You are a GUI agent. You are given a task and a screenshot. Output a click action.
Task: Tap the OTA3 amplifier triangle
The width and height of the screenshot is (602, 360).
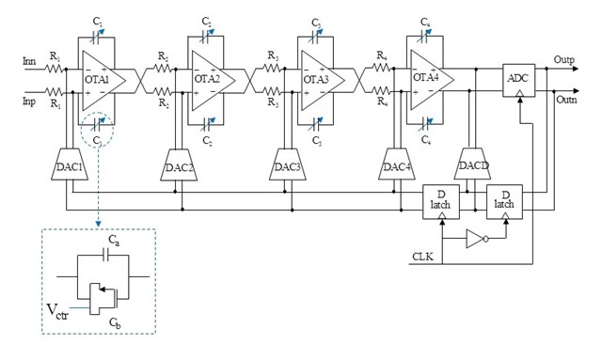pyautogui.click(x=320, y=81)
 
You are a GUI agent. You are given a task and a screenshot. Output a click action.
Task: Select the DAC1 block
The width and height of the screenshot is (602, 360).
pyautogui.click(x=70, y=165)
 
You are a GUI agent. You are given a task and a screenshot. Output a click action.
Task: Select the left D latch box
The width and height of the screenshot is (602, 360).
pyautogui.click(x=441, y=201)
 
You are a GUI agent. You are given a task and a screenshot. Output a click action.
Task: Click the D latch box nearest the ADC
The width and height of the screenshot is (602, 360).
pyautogui.click(x=504, y=201)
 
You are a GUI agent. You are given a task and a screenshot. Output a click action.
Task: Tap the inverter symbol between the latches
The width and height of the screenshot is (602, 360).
pyautogui.click(x=476, y=240)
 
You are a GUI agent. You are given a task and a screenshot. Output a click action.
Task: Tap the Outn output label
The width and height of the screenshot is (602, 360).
pyautogui.click(x=567, y=100)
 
